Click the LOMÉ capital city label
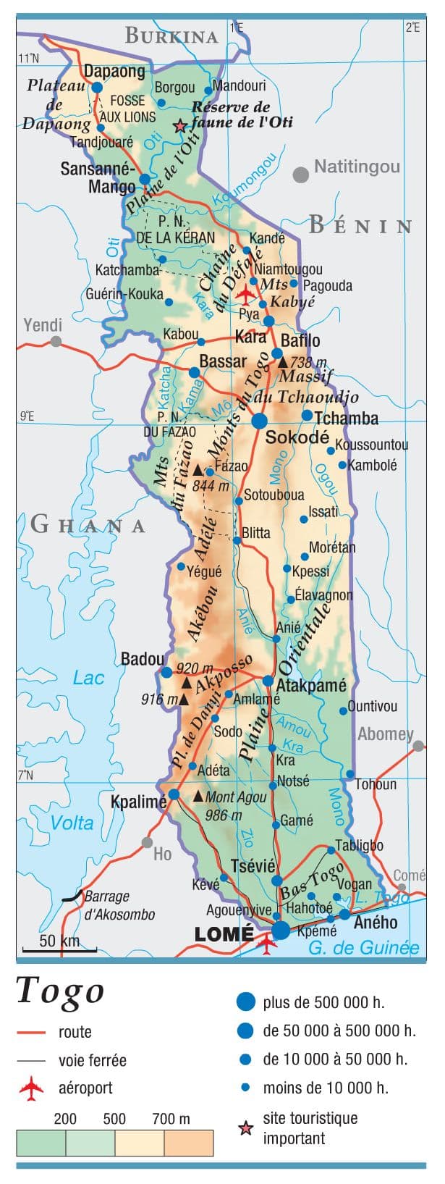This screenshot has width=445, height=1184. coord(224,933)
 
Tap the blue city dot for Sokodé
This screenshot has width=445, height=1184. coord(259,420)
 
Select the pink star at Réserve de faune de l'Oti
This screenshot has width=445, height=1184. coord(179,126)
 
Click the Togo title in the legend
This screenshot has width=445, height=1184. coord(61,991)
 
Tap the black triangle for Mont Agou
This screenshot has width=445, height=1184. coord(198,796)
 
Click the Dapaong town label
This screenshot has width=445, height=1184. coord(114,71)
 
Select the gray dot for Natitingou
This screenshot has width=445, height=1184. coord(300,174)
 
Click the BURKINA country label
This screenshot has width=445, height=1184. coord(171,35)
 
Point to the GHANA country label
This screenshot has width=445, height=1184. coord(88,524)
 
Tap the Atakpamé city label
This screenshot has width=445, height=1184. coord(312,685)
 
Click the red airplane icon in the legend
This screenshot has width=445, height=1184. coord(32,1088)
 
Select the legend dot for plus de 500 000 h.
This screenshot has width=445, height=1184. coord(246,1002)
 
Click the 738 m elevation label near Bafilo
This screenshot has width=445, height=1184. coord(308,362)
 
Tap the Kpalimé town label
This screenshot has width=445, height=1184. coord(138,802)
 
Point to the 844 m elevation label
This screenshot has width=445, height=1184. coord(211,485)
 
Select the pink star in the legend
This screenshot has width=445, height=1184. coord(246,1128)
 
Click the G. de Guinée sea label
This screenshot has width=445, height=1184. coord(363,948)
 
